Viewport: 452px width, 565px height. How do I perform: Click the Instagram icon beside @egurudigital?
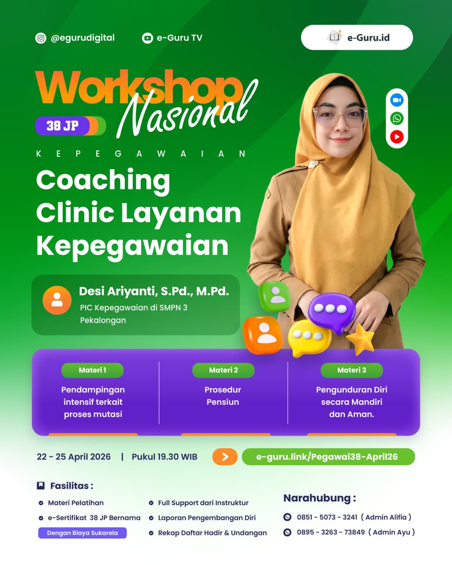pos(41,38)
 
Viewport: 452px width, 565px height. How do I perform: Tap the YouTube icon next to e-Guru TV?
pos(147,38)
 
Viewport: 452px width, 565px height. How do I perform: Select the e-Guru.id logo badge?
pos(357,38)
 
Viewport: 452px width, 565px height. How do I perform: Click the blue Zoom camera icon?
pos(396,100)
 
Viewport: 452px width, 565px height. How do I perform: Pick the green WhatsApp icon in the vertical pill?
pos(396,118)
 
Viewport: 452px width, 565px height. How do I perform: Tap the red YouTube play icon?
pos(396,137)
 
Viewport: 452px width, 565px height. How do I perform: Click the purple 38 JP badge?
pos(63,126)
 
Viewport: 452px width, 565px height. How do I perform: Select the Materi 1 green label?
pos(92,370)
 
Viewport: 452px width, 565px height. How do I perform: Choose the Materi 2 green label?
pos(223,370)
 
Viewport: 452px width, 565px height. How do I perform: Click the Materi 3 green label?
pos(352,370)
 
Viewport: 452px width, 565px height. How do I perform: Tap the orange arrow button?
pos(225,456)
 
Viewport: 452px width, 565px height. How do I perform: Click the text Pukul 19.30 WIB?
pos(164,457)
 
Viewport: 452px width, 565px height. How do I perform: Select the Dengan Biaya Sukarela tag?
pos(83,533)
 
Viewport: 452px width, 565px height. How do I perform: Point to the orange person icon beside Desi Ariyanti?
pos(57,300)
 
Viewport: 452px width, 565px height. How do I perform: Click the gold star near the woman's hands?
pos(361,339)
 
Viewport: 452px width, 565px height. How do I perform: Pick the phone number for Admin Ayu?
pos(331,532)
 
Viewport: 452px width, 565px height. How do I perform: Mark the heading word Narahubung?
pos(317,498)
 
